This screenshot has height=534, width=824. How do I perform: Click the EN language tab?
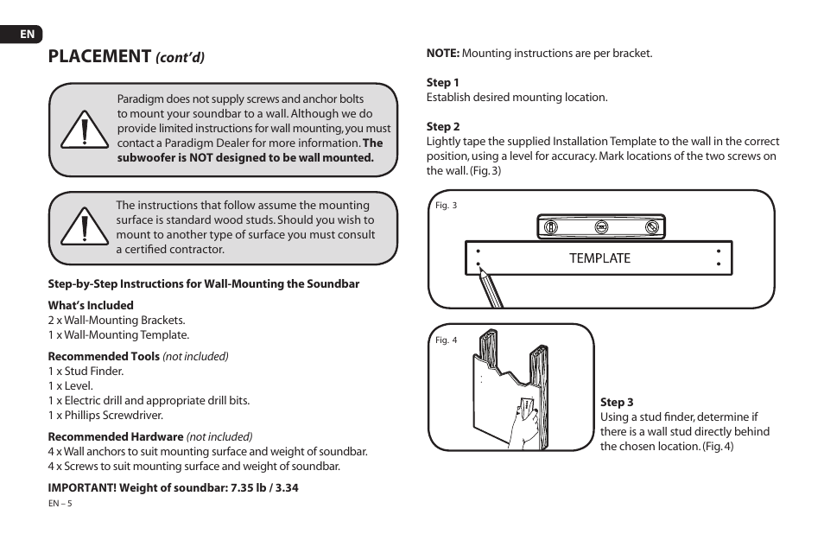(x=28, y=35)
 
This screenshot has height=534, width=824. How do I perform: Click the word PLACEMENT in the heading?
(x=100, y=57)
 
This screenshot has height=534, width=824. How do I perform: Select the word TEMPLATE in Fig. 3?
(x=599, y=258)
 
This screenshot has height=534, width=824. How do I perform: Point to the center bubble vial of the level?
(x=601, y=227)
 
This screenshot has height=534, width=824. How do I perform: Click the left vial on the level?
(x=549, y=227)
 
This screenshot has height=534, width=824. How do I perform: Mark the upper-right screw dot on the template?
(x=719, y=251)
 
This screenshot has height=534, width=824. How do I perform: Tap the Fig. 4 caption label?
(x=446, y=340)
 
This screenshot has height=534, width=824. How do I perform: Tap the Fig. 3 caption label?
(x=446, y=206)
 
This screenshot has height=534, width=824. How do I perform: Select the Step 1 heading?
(x=442, y=83)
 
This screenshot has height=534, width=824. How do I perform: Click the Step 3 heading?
(x=617, y=403)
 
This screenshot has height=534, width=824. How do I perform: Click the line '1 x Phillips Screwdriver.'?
(x=105, y=416)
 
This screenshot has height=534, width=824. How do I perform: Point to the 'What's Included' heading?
(x=91, y=305)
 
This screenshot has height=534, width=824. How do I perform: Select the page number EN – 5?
(x=60, y=504)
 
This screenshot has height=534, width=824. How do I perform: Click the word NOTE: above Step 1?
(x=442, y=54)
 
